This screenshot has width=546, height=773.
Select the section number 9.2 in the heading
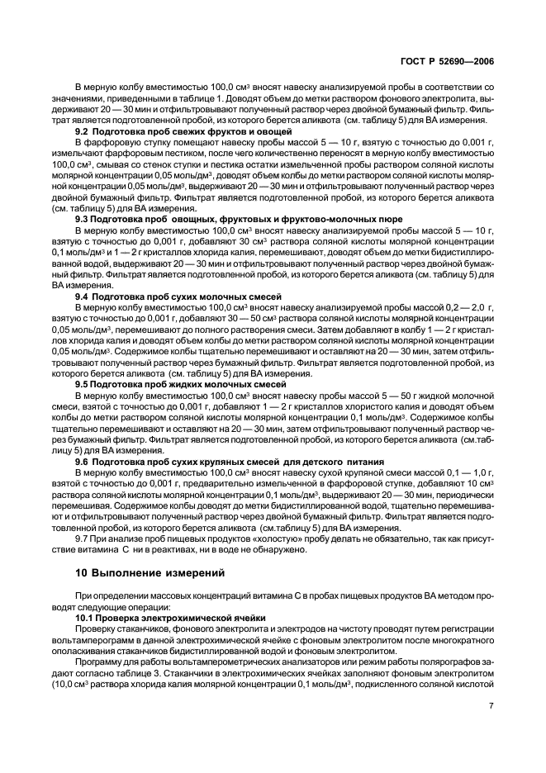coord(83,132)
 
